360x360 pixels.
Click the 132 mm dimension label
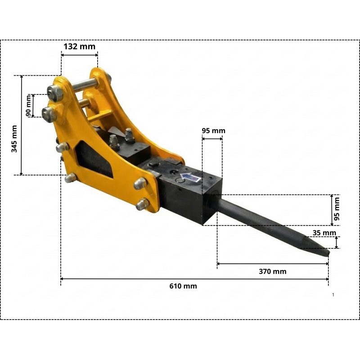coord(79,46)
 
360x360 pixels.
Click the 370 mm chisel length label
coord(273,271)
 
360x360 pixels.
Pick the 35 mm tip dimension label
coord(324,233)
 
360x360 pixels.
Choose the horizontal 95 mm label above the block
coord(213,131)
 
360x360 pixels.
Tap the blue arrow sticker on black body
coord(190,179)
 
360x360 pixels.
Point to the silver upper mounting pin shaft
coord(81,84)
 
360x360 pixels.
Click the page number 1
coord(333,295)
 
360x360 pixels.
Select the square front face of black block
coord(211,207)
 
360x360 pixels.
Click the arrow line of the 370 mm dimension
coord(273,264)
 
